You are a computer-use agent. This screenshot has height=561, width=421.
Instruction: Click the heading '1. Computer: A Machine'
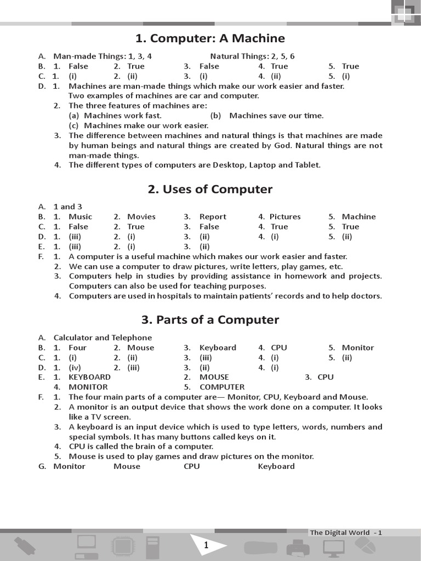pyautogui.click(x=210, y=38)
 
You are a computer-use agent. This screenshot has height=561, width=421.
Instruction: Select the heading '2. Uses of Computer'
pyautogui.click(x=210, y=189)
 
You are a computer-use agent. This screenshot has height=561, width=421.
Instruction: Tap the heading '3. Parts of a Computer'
pyautogui.click(x=210, y=319)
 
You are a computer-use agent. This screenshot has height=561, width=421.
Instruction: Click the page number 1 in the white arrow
pyautogui.click(x=206, y=545)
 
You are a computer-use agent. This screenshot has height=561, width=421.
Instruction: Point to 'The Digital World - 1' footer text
pyautogui.click(x=346, y=533)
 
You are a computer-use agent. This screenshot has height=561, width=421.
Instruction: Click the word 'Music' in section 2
pyautogui.click(x=80, y=216)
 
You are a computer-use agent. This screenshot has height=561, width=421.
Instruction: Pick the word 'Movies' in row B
pyautogui.click(x=141, y=216)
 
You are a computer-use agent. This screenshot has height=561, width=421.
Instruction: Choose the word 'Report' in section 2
pyautogui.click(x=213, y=216)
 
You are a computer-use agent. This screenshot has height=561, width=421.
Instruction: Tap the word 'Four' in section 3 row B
pyautogui.click(x=77, y=347)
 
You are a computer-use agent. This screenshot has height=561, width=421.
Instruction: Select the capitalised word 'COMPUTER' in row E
pyautogui.click(x=222, y=387)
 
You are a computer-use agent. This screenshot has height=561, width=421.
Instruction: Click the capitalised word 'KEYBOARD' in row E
pyautogui.click(x=89, y=377)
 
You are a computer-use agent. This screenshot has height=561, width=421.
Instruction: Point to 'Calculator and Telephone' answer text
pyautogui.click(x=103, y=337)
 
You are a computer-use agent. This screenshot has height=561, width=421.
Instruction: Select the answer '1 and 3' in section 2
pyautogui.click(x=67, y=207)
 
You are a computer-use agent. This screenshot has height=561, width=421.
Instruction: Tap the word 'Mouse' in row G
pyautogui.click(x=127, y=466)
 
